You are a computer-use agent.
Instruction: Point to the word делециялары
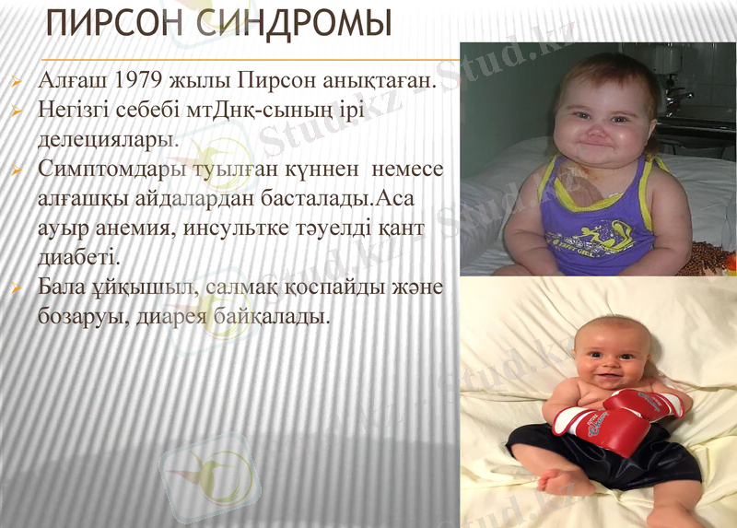pyautogui.click(x=107, y=140)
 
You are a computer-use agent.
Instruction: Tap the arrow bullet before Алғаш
pyautogui.click(x=17, y=81)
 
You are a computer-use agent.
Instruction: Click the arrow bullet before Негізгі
pyautogui.click(x=17, y=111)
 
